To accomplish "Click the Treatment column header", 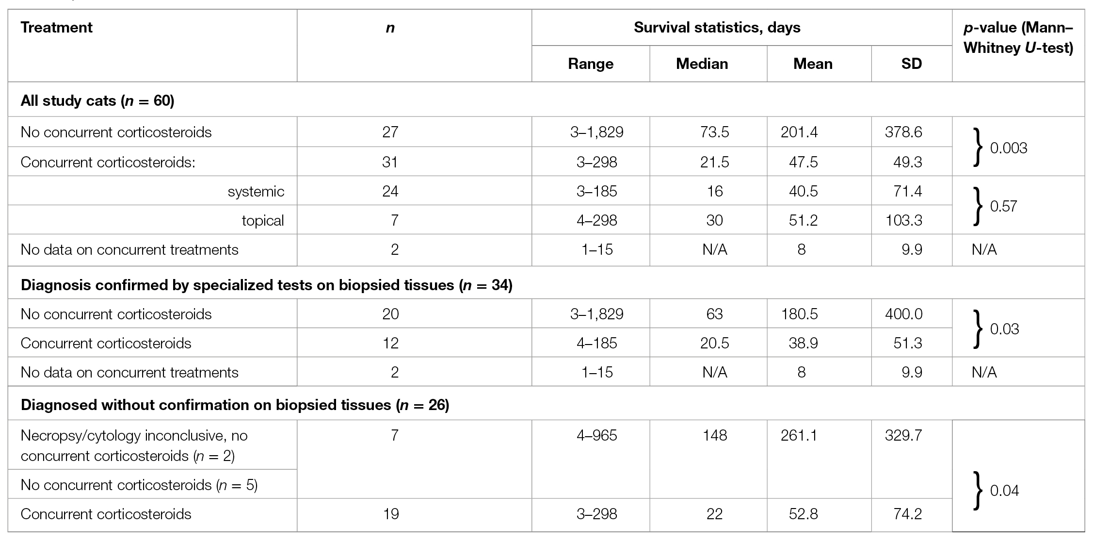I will pos(56,28).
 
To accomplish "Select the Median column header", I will pos(702,64).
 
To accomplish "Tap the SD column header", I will pos(911,64).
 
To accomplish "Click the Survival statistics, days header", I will pos(717,28).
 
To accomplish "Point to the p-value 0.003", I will pos(1008,148).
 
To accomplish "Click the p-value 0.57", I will pos(1003,206).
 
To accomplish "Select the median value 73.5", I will pos(714,132).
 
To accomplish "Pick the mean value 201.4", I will pos(799,132).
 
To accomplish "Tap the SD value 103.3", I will pos(903,220).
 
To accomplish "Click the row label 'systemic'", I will pos(256,191).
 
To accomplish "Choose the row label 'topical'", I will pos(262,220).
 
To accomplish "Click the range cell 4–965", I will pos(596,435).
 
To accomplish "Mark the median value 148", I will pos(714,435).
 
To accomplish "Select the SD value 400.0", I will pos(903,314).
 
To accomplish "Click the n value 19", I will pos(390,514).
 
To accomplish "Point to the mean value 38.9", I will pos(803,343).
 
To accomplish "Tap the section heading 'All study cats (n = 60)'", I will pos(97,101).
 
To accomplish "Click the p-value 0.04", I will pos(1004,491).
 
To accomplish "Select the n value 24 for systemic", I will pos(390,191).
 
